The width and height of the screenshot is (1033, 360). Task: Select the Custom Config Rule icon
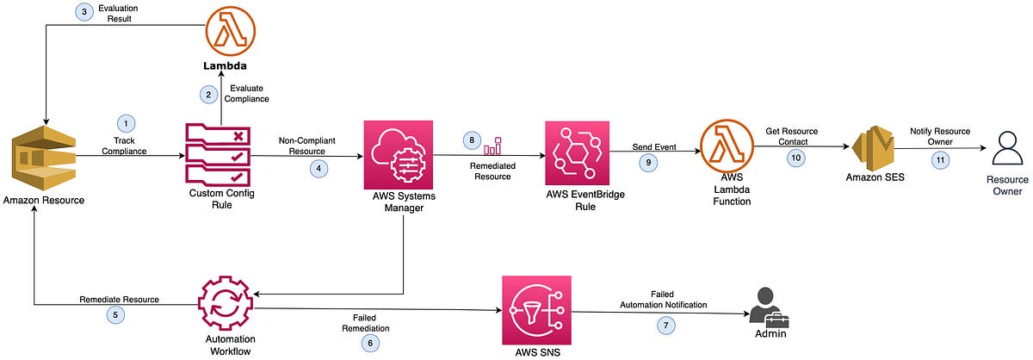click(x=219, y=155)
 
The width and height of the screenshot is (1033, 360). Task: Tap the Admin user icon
click(x=768, y=306)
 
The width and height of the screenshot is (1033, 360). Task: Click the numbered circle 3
click(x=85, y=11)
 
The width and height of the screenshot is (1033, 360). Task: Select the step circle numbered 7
click(x=663, y=326)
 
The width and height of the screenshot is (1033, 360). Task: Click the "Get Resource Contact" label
click(x=791, y=136)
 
